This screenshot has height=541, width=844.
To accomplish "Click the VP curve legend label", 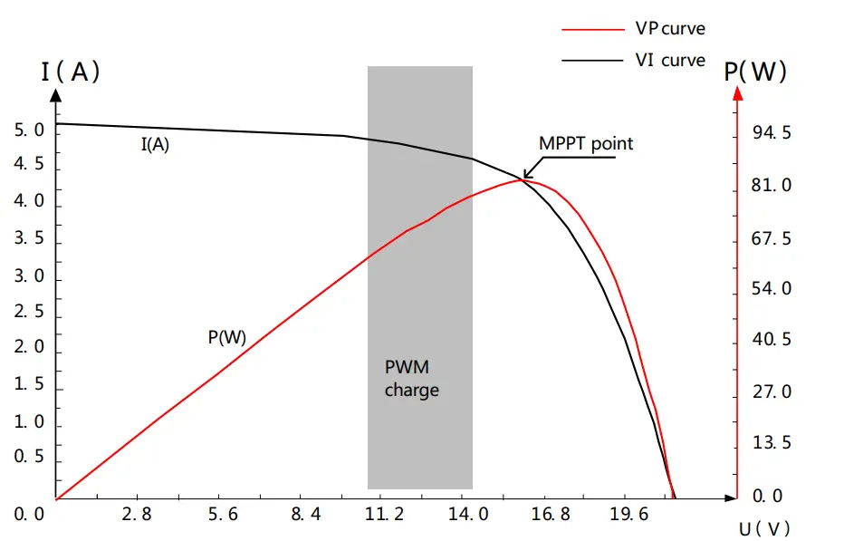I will pyautogui.click(x=668, y=28).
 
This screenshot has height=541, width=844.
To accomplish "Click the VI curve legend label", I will pyautogui.click(x=669, y=60).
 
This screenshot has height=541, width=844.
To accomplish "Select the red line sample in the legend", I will pyautogui.click(x=589, y=29).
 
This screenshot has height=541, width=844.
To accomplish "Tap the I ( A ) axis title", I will pyautogui.click(x=70, y=72).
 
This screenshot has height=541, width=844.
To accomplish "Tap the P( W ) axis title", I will pyautogui.click(x=755, y=72).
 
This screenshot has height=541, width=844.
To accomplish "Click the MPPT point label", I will pyautogui.click(x=586, y=143).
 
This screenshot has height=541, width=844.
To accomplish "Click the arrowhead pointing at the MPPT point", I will pyautogui.click(x=526, y=174).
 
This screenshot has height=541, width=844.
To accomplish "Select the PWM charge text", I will pyautogui.click(x=412, y=379).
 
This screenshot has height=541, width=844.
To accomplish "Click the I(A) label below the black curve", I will pyautogui.click(x=155, y=144).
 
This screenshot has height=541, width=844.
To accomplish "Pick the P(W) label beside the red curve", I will pyautogui.click(x=226, y=337).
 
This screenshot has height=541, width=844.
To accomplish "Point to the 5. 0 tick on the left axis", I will pyautogui.click(x=29, y=130).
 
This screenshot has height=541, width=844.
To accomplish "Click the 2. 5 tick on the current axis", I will pyautogui.click(x=29, y=313).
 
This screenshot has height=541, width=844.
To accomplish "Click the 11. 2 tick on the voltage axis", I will pyautogui.click(x=385, y=515).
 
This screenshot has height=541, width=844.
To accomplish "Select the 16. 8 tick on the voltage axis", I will pyautogui.click(x=551, y=515).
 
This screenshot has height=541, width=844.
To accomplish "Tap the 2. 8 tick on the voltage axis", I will pyautogui.click(x=136, y=515).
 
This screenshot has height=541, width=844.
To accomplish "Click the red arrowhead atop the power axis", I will pyautogui.click(x=738, y=93).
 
